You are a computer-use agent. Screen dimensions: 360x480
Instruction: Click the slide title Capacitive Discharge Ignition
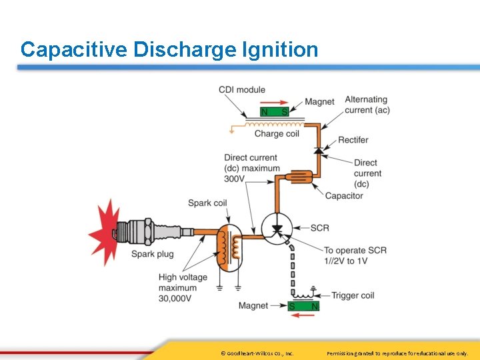pos(169,49)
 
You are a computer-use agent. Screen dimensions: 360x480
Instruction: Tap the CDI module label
pos(242,90)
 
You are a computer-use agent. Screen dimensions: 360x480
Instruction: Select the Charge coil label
pos(277,134)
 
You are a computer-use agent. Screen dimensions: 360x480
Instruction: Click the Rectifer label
pos(353,140)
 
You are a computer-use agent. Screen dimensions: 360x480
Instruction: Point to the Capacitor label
pos(344,196)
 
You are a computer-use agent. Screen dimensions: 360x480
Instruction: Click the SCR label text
pos(320,228)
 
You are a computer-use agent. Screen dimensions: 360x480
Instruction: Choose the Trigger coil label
pos(353,295)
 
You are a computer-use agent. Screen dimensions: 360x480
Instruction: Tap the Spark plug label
pos(152,254)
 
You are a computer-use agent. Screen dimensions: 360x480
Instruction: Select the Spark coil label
pos(207,203)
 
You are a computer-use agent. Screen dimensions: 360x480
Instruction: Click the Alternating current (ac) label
pos(367,105)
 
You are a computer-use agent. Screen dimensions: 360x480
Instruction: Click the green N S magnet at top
pos(275,112)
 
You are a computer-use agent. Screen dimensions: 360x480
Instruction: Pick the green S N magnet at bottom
pos(304,306)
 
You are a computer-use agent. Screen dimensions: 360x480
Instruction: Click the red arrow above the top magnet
pos(275,103)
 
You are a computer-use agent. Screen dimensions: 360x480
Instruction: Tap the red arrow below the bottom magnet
pos(304,316)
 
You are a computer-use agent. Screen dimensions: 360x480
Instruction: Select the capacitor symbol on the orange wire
pos(301,177)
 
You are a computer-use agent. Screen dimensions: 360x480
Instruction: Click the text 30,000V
pos(175,299)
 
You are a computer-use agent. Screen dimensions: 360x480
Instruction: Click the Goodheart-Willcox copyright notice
pos(257,353)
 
